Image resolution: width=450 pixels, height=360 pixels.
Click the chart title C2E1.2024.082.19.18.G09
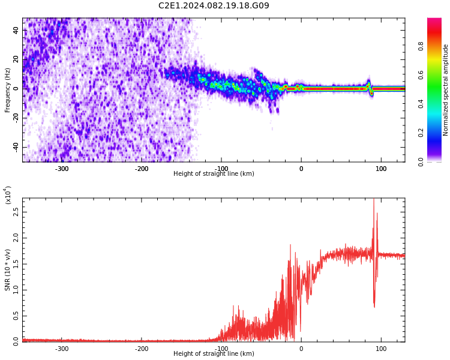tap(214, 6)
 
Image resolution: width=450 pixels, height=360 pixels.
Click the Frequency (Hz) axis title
tap(8, 89)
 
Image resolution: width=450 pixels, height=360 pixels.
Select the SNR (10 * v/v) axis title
tap(8, 270)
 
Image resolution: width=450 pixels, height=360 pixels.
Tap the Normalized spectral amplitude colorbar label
tap(446, 89)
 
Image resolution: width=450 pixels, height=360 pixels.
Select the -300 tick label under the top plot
tap(62, 169)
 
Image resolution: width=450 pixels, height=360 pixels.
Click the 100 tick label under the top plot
tap(381, 169)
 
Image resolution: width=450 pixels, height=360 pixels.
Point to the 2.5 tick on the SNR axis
tap(16, 212)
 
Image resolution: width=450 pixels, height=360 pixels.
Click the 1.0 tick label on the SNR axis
tap(16, 289)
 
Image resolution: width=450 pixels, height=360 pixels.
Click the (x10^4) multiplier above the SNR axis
tap(8, 195)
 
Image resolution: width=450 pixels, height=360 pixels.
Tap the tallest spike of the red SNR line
tap(374, 200)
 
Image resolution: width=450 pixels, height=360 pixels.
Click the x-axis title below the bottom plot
tap(214, 354)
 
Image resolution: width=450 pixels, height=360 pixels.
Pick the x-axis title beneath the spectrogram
tap(214, 174)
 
